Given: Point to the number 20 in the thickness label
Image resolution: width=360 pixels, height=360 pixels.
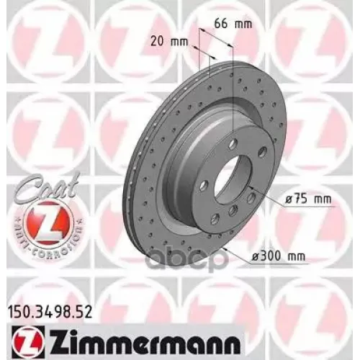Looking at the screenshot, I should click(x=156, y=40).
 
